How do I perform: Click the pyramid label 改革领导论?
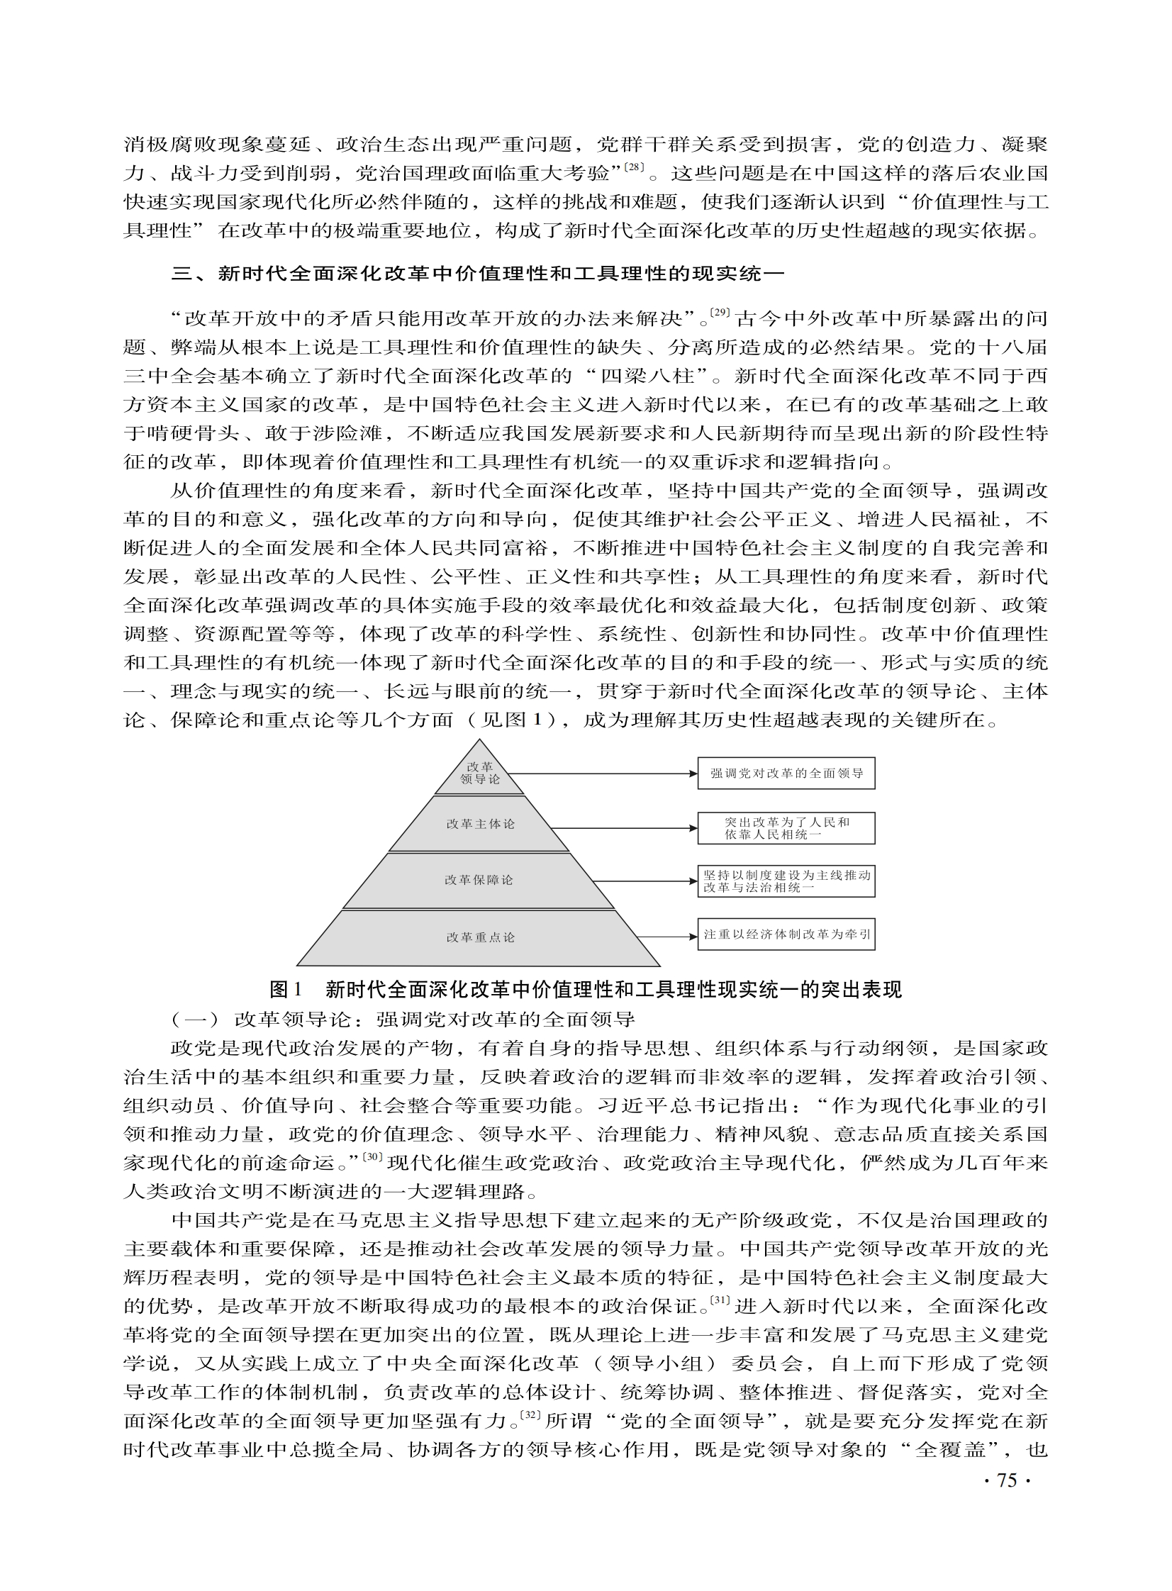(x=479, y=773)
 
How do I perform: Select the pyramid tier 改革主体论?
(x=479, y=824)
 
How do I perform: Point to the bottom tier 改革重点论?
(x=479, y=938)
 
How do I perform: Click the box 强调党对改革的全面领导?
(x=786, y=773)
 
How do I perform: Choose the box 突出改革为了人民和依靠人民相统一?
(x=786, y=829)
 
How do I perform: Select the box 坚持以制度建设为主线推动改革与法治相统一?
(x=786, y=881)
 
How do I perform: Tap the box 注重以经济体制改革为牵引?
(x=786, y=935)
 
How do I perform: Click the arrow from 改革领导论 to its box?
(x=603, y=773)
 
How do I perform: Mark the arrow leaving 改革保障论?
(x=646, y=881)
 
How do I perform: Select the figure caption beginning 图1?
(x=585, y=989)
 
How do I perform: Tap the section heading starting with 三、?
(x=477, y=273)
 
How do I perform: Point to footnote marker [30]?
(x=372, y=1158)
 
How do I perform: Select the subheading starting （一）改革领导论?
(x=403, y=1020)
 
